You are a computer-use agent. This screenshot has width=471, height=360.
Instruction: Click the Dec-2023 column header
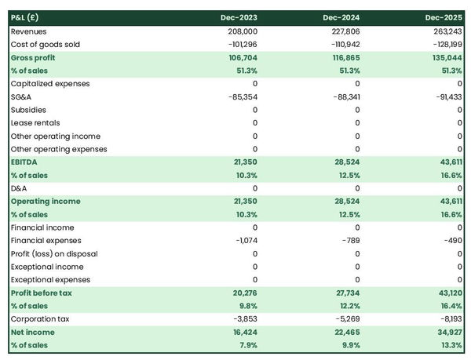click(240, 17)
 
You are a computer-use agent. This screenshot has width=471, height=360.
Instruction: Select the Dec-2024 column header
click(343, 17)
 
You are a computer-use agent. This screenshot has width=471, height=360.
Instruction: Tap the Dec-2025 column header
click(444, 17)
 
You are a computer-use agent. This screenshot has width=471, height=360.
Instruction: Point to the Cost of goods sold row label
click(46, 45)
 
